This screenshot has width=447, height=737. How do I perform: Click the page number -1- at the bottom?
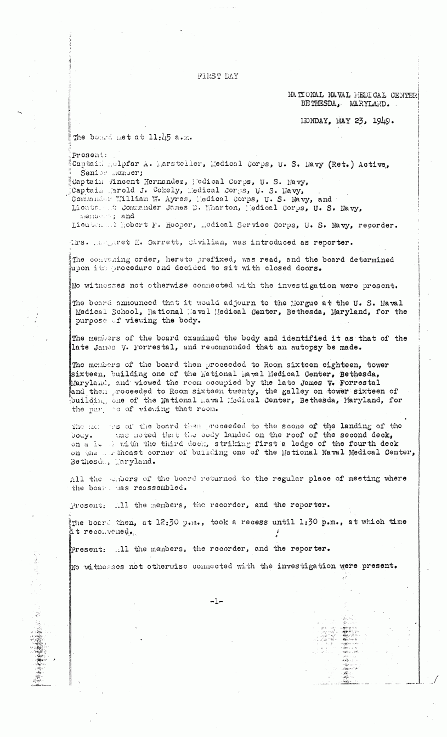217,601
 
